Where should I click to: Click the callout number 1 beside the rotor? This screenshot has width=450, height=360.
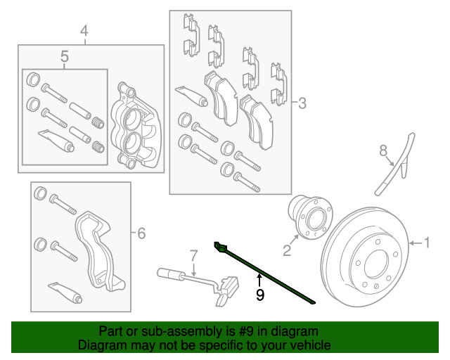(x=425, y=243)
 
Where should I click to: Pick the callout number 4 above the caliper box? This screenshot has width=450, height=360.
(x=84, y=31)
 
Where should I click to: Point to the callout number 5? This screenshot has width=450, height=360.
(x=64, y=56)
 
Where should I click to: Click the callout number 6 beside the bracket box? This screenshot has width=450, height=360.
(x=141, y=233)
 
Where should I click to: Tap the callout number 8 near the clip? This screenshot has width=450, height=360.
(x=383, y=150)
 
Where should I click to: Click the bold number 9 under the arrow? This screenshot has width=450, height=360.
(x=259, y=295)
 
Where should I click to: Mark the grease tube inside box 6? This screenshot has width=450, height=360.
(x=63, y=289)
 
